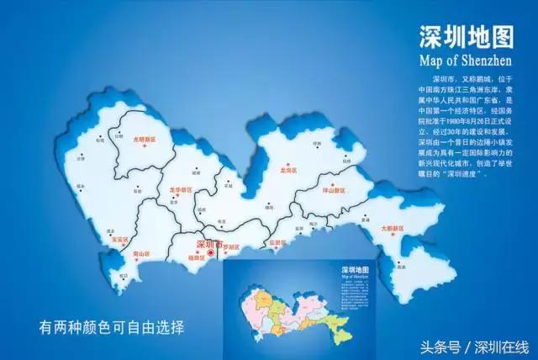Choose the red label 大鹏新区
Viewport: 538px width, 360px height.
click(x=395, y=227)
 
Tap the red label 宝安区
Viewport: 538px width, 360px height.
click(x=113, y=239)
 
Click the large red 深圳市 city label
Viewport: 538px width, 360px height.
click(x=208, y=245)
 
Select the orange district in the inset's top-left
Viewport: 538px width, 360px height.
click(x=263, y=298)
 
